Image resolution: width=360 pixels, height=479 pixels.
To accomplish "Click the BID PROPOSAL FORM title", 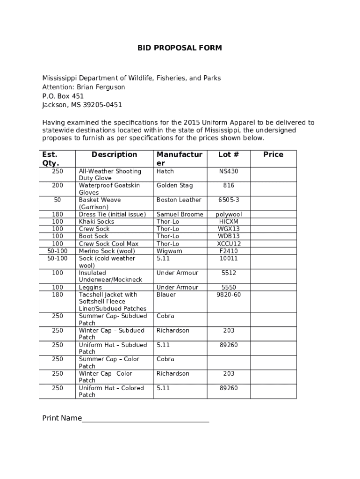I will [180, 48].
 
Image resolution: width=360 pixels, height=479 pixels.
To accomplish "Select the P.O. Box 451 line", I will [63, 96].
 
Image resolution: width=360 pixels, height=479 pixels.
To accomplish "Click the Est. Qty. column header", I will [50, 159].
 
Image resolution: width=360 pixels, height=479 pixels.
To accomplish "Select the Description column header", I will [114, 154].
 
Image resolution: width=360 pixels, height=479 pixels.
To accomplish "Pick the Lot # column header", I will [229, 154].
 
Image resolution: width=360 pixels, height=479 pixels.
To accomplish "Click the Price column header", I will [273, 154].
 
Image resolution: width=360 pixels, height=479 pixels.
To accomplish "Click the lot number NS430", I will [229, 171].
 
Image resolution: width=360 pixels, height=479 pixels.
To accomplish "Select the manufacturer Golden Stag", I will [174, 185].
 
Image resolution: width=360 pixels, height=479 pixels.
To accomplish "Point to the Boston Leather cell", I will [179, 200].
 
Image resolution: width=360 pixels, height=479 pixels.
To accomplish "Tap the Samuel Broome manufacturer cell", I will [180, 214].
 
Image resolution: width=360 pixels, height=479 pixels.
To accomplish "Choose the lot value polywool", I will [229, 214].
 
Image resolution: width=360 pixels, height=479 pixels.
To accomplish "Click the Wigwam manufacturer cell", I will [169, 251].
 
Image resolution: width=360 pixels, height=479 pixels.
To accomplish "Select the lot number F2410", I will [229, 251].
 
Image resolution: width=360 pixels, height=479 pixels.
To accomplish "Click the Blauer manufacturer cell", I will [166, 294].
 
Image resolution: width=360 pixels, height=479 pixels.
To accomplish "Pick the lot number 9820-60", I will [229, 294].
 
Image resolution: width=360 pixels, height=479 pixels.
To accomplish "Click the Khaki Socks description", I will [96, 221].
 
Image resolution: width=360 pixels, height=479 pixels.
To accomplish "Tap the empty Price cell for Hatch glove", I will [273, 174].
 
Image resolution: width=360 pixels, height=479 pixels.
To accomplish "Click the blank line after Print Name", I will [145, 418].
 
